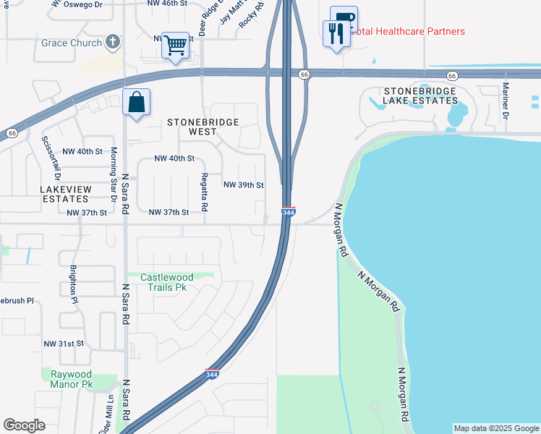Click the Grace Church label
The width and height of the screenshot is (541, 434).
(72, 43)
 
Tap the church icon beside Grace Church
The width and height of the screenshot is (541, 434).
(112, 42)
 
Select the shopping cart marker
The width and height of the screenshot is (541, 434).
(175, 46)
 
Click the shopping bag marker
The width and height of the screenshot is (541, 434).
(136, 103)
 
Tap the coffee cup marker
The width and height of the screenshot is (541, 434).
(344, 20)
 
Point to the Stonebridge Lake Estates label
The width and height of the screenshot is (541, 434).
(421, 96)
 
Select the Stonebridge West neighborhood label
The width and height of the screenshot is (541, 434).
(203, 127)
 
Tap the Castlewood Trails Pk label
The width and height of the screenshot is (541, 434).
(167, 282)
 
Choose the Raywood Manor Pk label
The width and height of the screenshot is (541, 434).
(72, 379)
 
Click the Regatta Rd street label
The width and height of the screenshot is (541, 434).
(205, 192)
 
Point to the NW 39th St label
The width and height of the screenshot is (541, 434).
(243, 185)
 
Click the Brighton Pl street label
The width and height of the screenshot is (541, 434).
(73, 283)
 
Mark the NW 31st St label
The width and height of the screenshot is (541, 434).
(64, 344)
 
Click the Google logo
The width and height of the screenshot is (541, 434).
(25, 425)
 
